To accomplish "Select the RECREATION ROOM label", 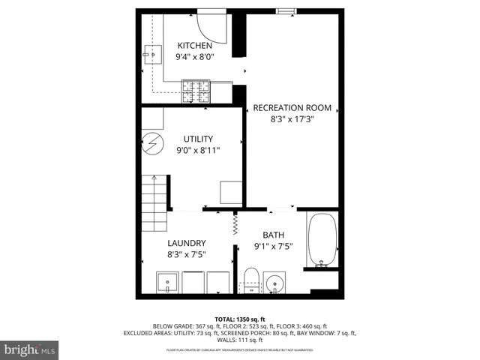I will (292, 108).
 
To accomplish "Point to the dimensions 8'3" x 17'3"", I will (292, 119).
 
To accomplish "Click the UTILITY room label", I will (199, 139).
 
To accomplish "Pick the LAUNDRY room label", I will (187, 243).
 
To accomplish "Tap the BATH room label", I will (273, 235).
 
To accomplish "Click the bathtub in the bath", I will (323, 241).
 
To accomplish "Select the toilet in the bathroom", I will (251, 280).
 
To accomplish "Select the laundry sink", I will (167, 283).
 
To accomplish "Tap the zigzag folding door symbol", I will (235, 223).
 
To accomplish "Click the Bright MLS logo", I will (29, 350).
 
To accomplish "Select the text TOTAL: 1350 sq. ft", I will (241, 319).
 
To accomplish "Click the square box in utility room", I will (231, 193).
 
